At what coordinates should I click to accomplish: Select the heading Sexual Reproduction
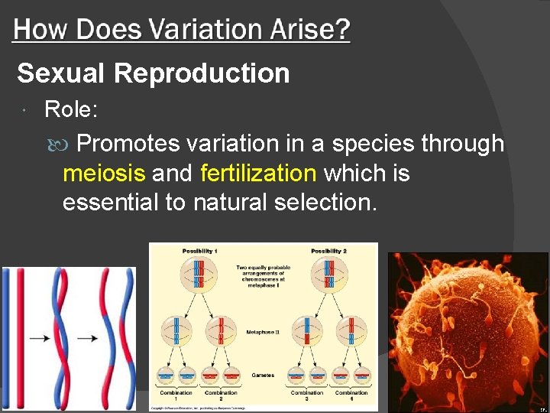tap(154, 73)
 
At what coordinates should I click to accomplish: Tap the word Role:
tap(71, 110)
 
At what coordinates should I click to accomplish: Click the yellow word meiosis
tap(103, 174)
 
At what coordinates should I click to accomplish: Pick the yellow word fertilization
tap(257, 174)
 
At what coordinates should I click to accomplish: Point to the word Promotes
tap(129, 143)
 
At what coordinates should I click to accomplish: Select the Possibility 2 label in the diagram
tap(328, 251)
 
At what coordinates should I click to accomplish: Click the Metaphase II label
tap(263, 332)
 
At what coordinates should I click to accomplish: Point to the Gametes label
tap(263, 375)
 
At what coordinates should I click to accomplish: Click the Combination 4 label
tap(351, 395)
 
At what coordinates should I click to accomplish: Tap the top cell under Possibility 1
tap(198, 277)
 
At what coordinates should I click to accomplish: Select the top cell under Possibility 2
tap(328, 277)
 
